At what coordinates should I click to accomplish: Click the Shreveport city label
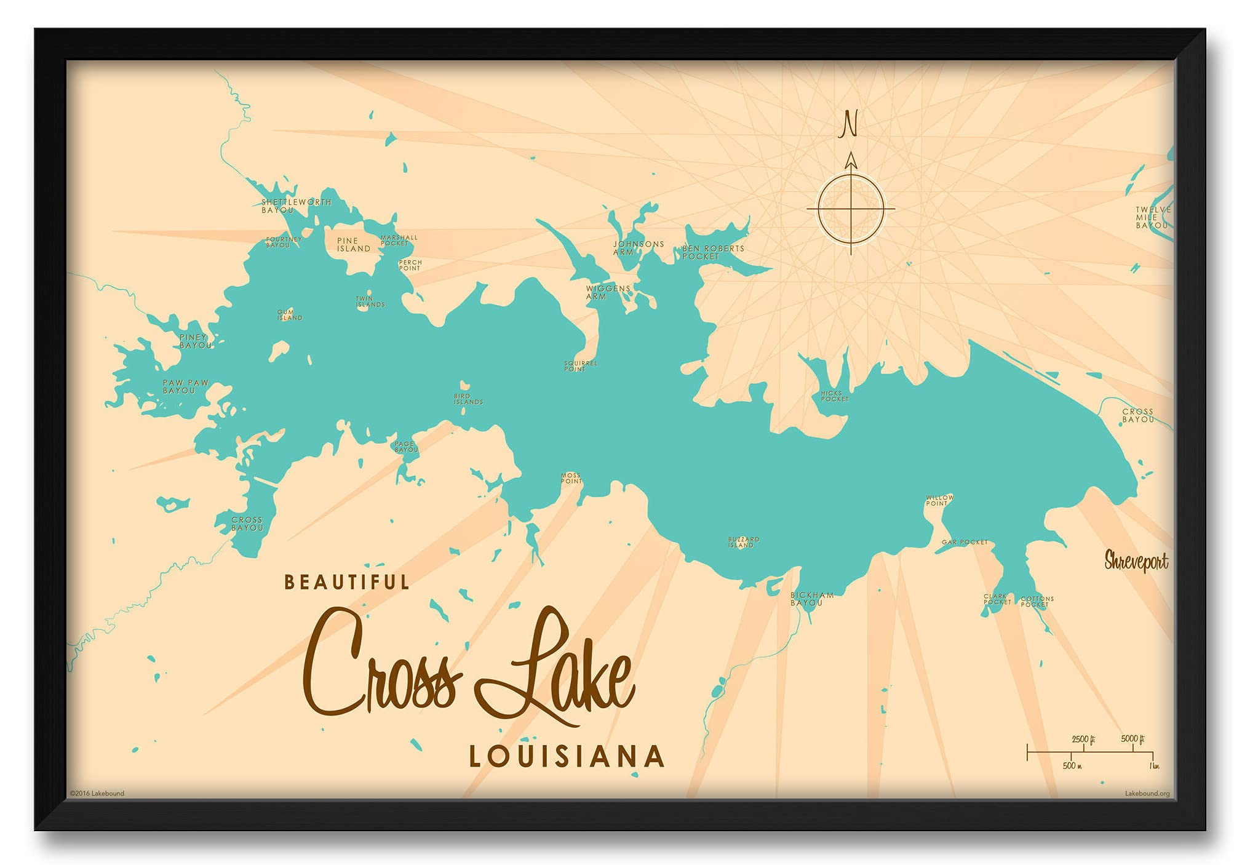(1136, 561)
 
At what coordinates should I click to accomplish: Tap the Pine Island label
(353, 245)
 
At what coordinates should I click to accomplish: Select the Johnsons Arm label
(638, 248)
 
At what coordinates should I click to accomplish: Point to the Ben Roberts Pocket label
(712, 252)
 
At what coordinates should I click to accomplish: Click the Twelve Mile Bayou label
(1152, 218)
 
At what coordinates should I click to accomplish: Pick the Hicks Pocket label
(834, 396)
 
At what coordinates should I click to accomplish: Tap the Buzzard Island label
(743, 542)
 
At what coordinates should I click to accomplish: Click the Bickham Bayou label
(811, 599)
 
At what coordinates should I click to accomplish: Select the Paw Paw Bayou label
(185, 386)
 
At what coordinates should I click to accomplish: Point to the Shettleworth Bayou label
(295, 205)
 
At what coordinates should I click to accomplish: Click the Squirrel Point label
(580, 366)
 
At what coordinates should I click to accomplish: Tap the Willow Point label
(939, 500)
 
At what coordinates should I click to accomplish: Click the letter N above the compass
(850, 124)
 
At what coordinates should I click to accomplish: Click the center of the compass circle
(851, 209)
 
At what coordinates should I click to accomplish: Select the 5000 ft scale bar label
(1132, 738)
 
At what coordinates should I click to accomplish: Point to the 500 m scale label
(1072, 765)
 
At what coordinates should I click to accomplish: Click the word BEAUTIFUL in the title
(346, 582)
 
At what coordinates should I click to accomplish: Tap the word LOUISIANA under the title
(567, 756)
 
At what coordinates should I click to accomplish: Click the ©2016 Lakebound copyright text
(97, 793)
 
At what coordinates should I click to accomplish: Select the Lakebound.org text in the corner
(1147, 793)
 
